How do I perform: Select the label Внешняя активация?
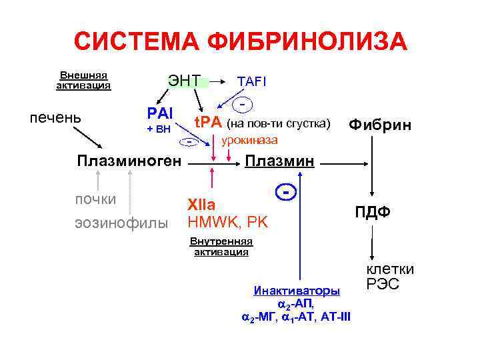click(83, 80)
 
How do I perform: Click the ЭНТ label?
click(183, 81)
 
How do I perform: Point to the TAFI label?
click(252, 81)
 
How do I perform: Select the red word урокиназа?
click(249, 141)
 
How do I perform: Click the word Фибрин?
click(381, 125)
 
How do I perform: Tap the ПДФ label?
click(372, 212)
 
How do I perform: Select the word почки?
click(96, 199)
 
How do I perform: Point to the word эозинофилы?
click(121, 223)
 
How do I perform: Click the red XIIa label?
click(201, 205)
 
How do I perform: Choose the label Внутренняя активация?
click(221, 247)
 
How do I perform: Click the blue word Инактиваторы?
click(297, 291)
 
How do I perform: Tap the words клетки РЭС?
click(390, 277)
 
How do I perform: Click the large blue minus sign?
click(286, 191)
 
